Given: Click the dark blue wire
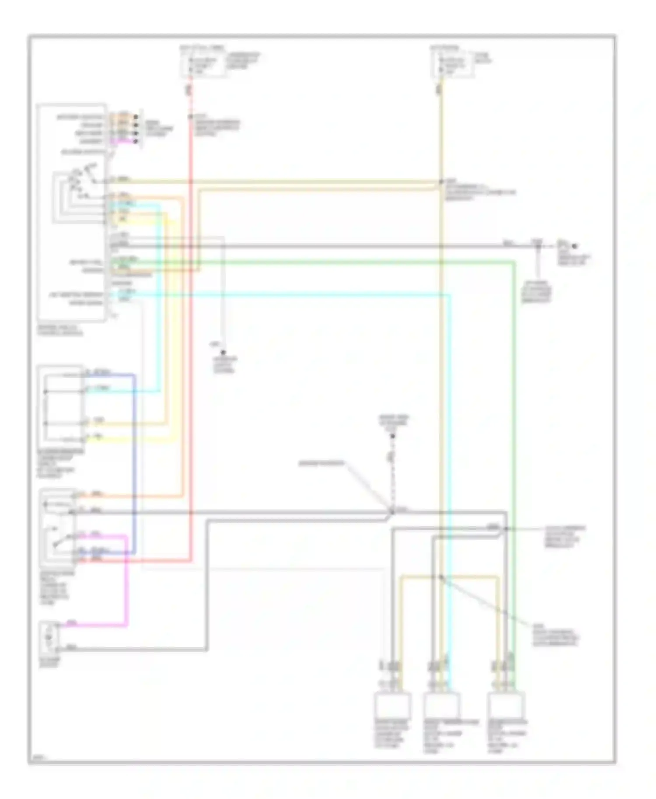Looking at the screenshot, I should pyautogui.click(x=134, y=459).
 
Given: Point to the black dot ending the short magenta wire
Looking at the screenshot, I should pyautogui.click(x=136, y=141).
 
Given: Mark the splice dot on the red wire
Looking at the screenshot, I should pyautogui.click(x=191, y=117).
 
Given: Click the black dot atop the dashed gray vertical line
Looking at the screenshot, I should pyautogui.click(x=393, y=436).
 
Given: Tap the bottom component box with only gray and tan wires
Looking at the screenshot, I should pyautogui.click(x=392, y=705).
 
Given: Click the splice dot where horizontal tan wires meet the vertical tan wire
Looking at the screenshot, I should pyautogui.click(x=441, y=182).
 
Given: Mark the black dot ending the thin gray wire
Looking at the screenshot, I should pyautogui.click(x=223, y=352).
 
